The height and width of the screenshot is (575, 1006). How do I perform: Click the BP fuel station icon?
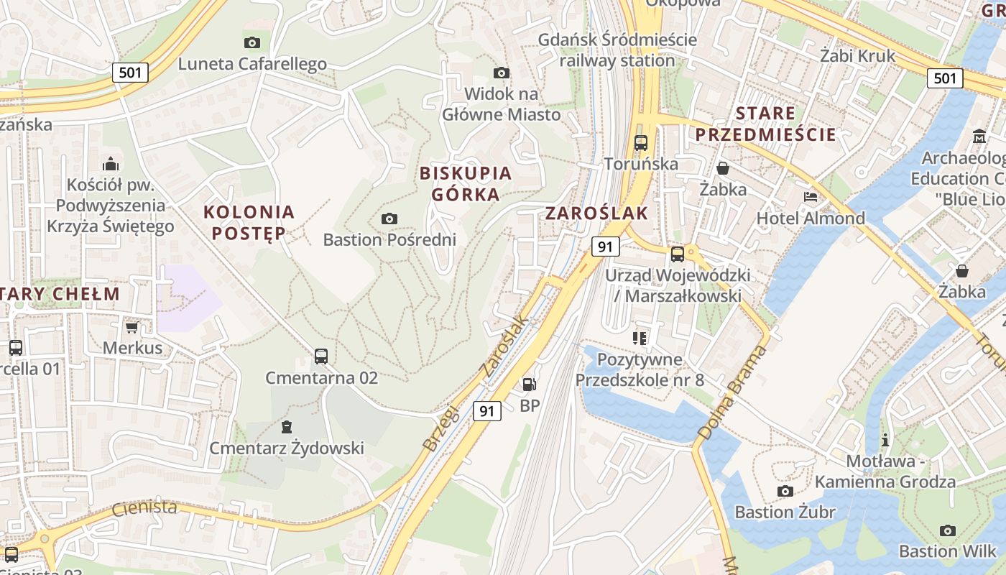pos(529,385)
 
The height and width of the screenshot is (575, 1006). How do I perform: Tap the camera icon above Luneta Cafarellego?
pos(251,42)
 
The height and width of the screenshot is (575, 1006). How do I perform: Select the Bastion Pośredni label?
pos(389,239)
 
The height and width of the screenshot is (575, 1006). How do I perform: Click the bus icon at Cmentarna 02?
pos(321,356)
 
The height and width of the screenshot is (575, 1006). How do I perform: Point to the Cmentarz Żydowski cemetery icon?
pos(287,427)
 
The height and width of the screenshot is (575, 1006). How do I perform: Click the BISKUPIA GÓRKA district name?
pos(465,183)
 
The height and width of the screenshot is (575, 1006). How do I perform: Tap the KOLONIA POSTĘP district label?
pos(249,222)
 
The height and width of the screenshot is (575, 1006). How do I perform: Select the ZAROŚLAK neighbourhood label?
pos(596,213)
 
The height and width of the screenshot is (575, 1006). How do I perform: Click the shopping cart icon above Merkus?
pos(131,328)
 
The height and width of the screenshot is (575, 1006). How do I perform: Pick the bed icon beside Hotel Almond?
pos(811,197)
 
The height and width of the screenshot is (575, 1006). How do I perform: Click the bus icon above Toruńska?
pos(640,142)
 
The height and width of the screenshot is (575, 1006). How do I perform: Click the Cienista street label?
pos(144,508)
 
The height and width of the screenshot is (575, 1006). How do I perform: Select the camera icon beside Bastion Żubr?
pos(785,491)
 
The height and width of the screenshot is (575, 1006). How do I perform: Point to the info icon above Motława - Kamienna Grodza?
pos(885,439)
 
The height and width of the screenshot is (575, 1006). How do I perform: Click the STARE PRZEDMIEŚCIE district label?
pos(766,124)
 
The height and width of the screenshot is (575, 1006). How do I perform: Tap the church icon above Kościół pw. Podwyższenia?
pos(110,164)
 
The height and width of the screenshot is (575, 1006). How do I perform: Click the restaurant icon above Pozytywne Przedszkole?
pos(640,338)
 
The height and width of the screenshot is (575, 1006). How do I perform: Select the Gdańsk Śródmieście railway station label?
pos(617,50)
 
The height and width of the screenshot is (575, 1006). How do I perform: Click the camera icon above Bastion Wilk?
pos(948,530)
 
